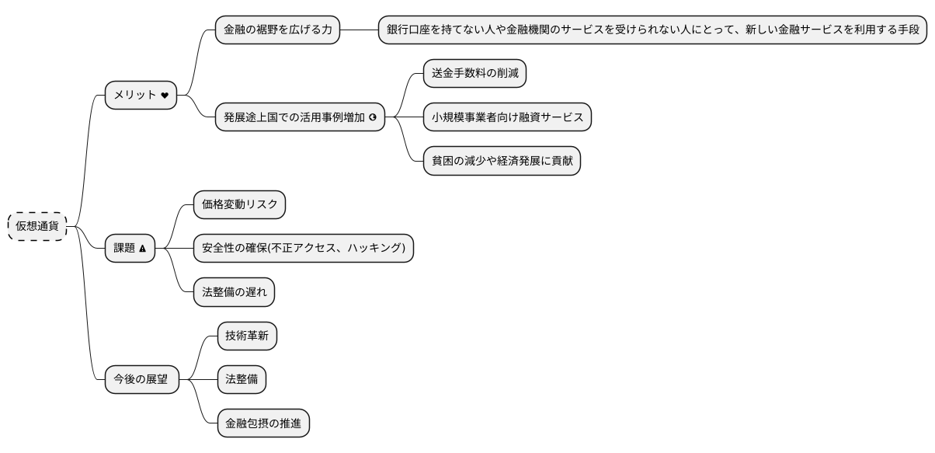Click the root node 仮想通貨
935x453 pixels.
click(x=37, y=226)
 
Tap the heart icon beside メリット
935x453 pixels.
click(x=164, y=96)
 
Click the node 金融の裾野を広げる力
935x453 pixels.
click(x=277, y=30)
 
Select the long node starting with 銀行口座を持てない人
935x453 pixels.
click(x=653, y=30)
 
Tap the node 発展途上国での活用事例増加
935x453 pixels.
click(x=300, y=117)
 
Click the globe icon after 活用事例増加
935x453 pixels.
click(x=373, y=117)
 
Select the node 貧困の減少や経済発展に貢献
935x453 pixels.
click(x=502, y=161)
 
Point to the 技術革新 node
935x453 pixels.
click(x=246, y=336)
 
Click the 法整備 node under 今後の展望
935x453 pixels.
click(x=241, y=380)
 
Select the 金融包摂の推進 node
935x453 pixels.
click(x=263, y=423)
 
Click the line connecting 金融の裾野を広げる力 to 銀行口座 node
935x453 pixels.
click(x=359, y=30)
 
